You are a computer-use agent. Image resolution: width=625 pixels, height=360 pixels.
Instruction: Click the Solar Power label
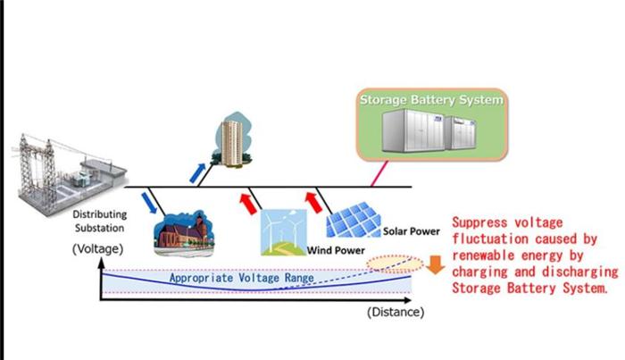[412, 232]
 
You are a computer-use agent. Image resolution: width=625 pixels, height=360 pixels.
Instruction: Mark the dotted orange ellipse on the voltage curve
[393, 263]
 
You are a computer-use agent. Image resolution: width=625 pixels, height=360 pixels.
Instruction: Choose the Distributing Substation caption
[99, 221]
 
